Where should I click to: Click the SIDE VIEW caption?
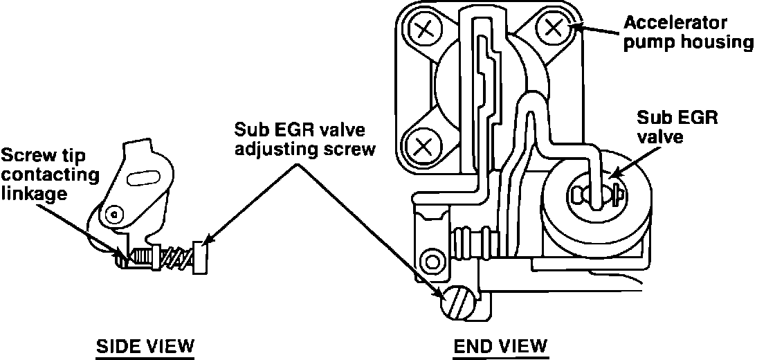pos(145,345)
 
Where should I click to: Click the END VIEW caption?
pos(500,345)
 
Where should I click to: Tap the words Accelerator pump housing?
pos(688,33)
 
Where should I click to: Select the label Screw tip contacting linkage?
pos(49,174)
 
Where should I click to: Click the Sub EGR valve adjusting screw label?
pos(304,139)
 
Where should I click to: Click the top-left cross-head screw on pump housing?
pos(425,30)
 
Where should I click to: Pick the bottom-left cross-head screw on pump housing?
pos(422,146)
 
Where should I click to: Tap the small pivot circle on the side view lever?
pos(114,215)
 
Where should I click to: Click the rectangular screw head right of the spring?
pos(200,257)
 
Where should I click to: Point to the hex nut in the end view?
pos(432,261)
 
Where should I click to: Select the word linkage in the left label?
pos(34,193)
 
